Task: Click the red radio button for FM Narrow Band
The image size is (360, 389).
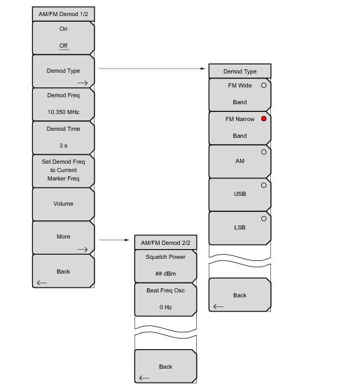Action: (x=263, y=119)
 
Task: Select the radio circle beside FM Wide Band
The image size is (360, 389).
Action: (x=263, y=85)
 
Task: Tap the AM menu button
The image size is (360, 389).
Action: (x=240, y=162)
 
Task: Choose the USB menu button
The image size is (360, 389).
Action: (x=240, y=194)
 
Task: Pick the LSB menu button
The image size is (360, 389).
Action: (x=240, y=228)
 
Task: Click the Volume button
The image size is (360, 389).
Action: (x=63, y=204)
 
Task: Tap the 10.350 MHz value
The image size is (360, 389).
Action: (x=63, y=112)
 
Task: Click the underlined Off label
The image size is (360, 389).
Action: (x=64, y=45)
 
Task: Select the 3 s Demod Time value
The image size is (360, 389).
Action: (x=63, y=146)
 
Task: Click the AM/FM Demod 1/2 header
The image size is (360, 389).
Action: (x=63, y=14)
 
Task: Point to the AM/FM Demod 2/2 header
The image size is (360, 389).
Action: (x=165, y=242)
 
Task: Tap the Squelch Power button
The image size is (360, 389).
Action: (x=165, y=266)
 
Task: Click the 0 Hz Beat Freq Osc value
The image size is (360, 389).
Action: (x=165, y=307)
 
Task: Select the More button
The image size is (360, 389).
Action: (x=63, y=238)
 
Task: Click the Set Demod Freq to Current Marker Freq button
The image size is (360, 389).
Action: (x=63, y=171)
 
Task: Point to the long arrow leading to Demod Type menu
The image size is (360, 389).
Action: (x=152, y=69)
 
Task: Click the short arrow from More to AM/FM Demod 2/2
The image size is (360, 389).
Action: (x=114, y=240)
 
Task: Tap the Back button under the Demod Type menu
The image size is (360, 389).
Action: (x=240, y=295)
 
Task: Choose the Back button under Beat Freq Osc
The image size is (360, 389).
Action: (x=165, y=366)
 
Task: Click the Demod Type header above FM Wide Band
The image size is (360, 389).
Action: (x=240, y=71)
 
